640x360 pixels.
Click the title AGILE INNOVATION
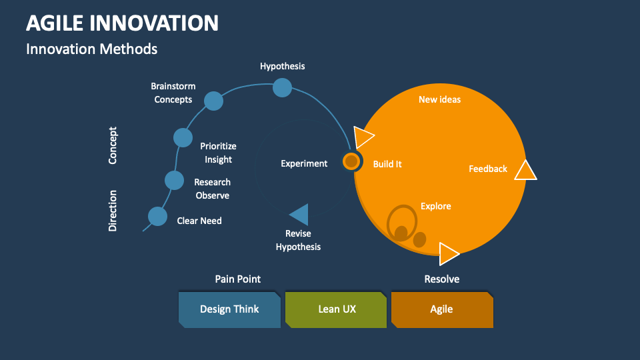tap(122, 23)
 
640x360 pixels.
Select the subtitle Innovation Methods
tap(91, 49)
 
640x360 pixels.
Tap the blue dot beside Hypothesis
tap(283, 87)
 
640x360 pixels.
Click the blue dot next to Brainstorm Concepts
tap(213, 101)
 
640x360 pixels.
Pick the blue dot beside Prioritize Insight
tap(183, 137)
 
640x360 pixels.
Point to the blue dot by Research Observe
tap(174, 180)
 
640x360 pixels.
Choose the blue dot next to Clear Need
tap(157, 216)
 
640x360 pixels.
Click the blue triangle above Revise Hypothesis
tap(300, 215)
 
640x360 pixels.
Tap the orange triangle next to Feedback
tap(525, 171)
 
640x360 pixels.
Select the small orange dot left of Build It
tap(351, 161)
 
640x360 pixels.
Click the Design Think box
tap(229, 309)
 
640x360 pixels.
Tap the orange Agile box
tap(441, 309)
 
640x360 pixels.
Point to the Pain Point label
tap(238, 279)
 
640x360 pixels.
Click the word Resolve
tap(442, 279)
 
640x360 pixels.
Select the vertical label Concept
tap(113, 145)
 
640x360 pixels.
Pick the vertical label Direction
tap(113, 211)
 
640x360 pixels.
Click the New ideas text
tap(439, 99)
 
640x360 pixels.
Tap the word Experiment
tap(304, 163)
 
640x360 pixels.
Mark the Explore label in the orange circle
tap(436, 206)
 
